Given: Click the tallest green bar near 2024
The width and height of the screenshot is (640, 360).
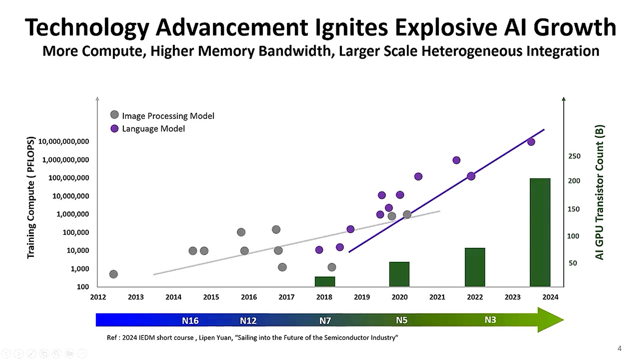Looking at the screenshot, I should pos(540,232).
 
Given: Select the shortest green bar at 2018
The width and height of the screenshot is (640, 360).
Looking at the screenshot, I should pos(325,282).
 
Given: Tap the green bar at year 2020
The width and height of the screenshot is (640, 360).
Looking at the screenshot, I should pos(399,274).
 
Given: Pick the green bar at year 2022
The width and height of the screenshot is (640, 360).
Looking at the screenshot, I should pos(475,267).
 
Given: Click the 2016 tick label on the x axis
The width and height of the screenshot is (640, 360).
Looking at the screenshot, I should pos(249,297).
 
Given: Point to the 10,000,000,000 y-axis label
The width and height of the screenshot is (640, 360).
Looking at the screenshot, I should pos(64,142).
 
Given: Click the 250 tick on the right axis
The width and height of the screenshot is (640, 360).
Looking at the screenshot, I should pos(574,156).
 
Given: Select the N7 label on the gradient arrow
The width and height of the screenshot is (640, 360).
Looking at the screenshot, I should pos(325,320).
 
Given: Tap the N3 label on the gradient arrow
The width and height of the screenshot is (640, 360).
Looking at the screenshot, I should pos(490,320).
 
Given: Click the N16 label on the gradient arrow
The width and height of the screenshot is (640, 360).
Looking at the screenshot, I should pos(190,320).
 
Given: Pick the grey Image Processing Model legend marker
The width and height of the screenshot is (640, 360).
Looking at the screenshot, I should pos(114,115).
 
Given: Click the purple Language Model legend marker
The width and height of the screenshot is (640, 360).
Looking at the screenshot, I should pos(114,128).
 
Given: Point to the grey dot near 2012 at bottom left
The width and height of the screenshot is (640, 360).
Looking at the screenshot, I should pos(113,274).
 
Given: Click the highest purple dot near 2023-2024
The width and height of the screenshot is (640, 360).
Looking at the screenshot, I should pos(531,142).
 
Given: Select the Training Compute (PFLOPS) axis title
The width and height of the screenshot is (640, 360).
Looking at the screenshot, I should pos(31,198).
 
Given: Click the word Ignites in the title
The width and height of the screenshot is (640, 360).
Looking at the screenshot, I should pos(352,27).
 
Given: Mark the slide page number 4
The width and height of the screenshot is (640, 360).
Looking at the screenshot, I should pos(620,348).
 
